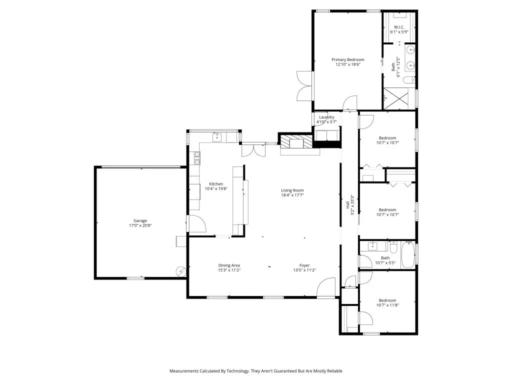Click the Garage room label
(x=140, y=220)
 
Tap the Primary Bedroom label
(x=347, y=59)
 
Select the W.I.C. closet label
(x=399, y=27)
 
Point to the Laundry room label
(x=326, y=117)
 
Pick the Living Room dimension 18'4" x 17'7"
(x=292, y=195)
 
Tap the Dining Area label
(x=229, y=265)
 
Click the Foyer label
(x=304, y=265)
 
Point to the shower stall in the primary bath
(x=398, y=99)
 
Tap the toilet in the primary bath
(x=408, y=80)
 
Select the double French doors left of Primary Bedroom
(x=304, y=86)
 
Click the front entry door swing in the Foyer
(x=326, y=288)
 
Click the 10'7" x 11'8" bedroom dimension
(x=387, y=305)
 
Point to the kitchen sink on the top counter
(x=217, y=136)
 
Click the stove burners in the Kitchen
(x=197, y=158)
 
